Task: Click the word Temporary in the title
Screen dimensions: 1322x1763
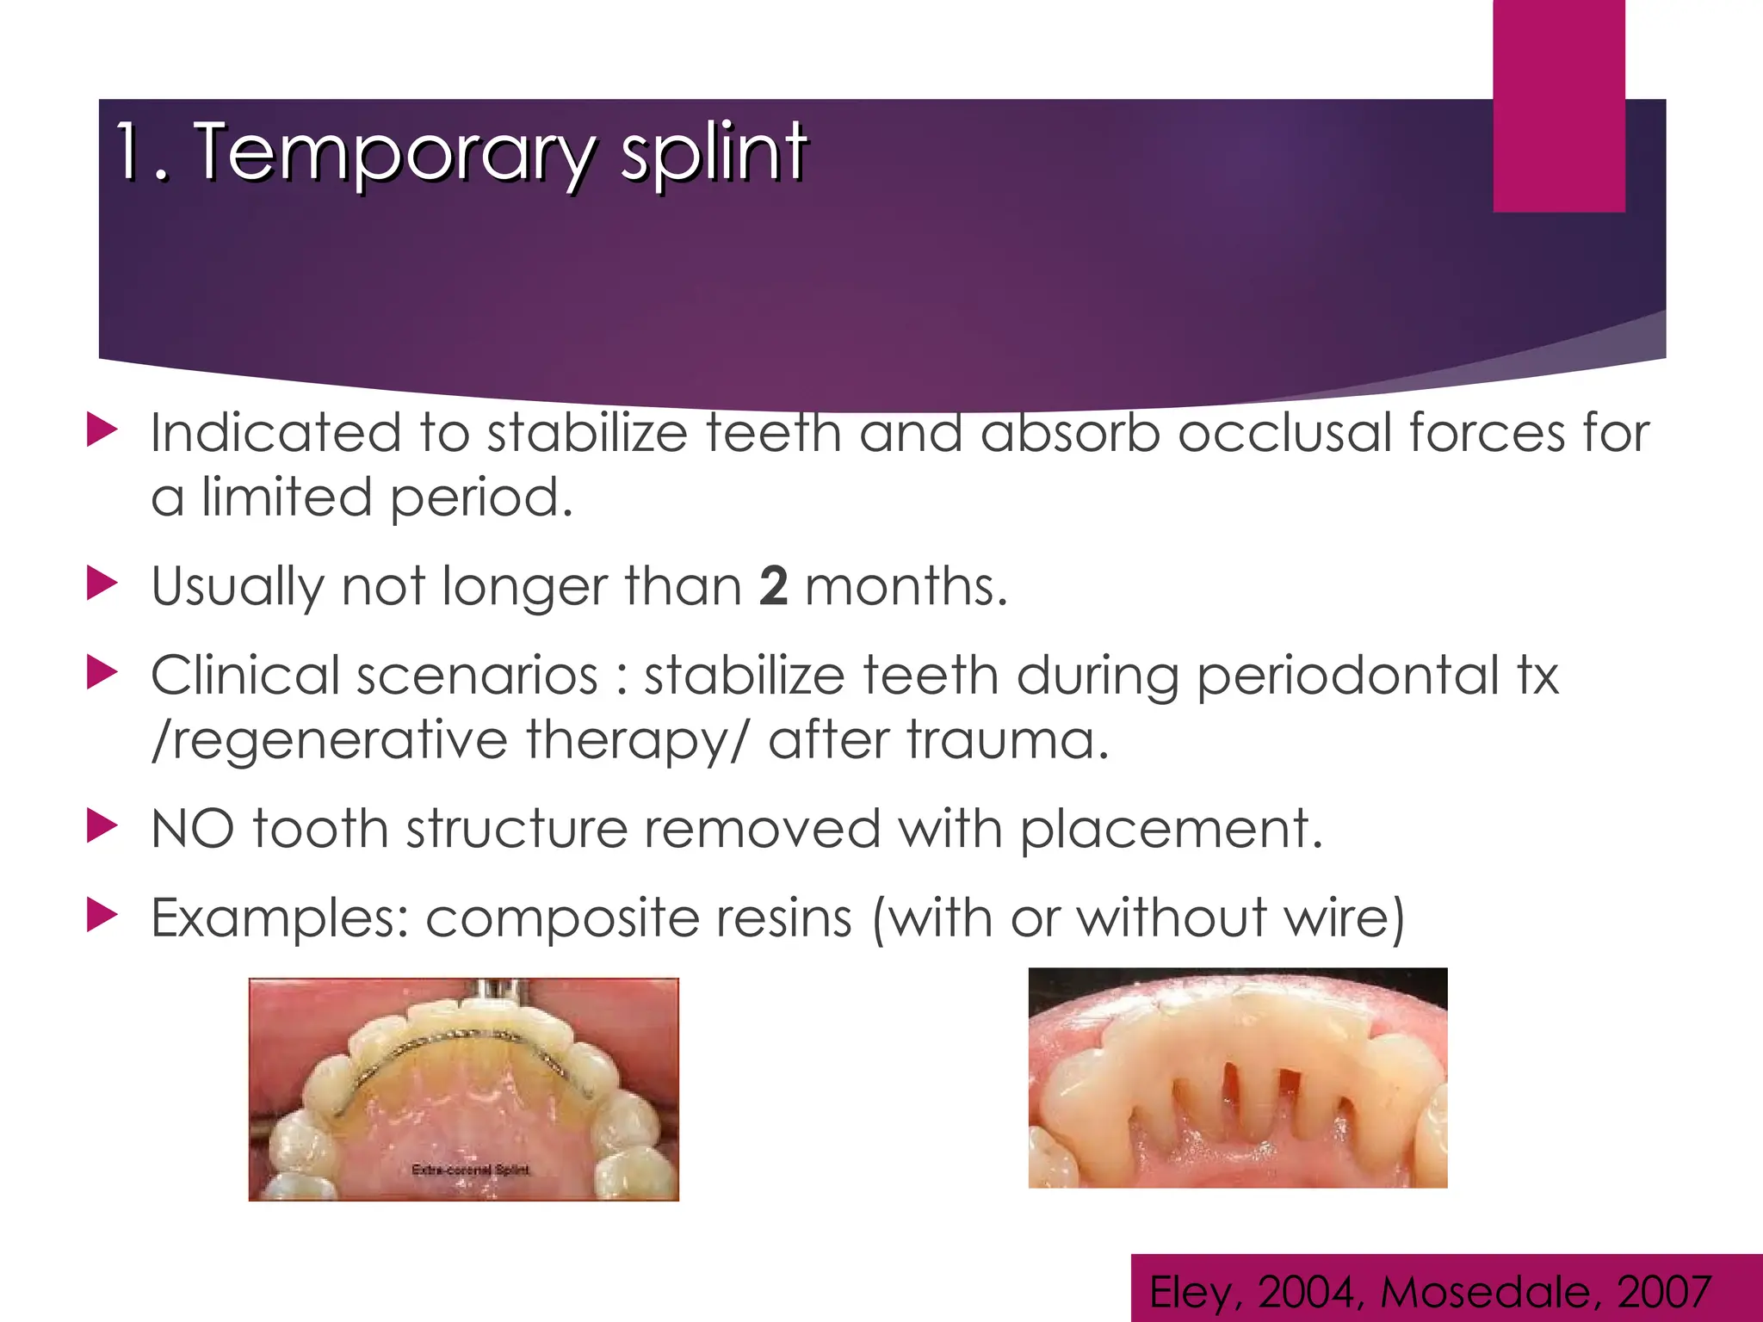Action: [x=393, y=153]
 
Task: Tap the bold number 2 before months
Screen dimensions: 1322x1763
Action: [x=773, y=587]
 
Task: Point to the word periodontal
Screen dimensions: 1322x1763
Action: [x=1348, y=675]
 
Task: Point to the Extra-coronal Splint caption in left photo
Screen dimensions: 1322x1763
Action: [x=470, y=1170]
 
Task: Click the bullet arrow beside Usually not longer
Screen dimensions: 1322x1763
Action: [x=102, y=584]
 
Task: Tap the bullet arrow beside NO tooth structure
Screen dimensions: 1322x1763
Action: [x=102, y=827]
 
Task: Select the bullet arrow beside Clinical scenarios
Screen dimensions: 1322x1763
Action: [x=102, y=673]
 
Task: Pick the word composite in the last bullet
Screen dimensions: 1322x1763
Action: [x=555, y=919]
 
